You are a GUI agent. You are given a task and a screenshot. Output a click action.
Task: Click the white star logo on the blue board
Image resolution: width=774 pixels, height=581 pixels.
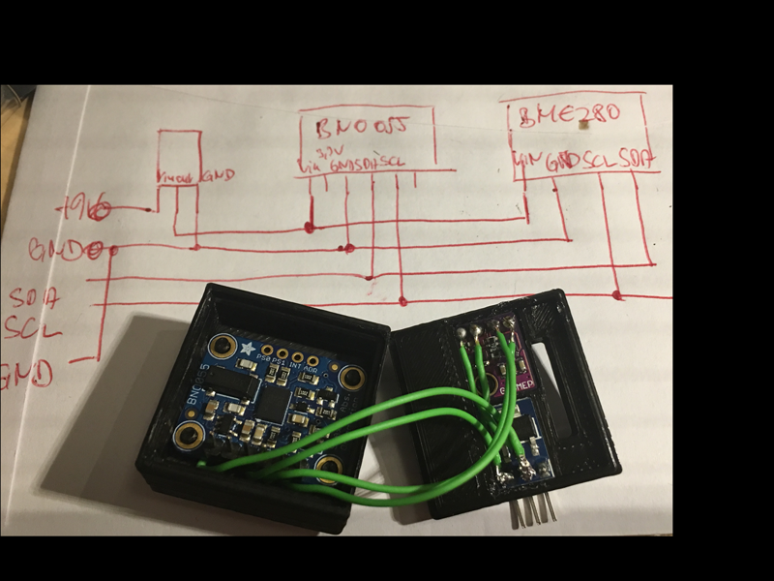(x=250, y=348)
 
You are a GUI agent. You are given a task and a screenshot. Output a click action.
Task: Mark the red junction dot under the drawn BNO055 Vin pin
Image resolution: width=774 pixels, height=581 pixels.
(x=311, y=228)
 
